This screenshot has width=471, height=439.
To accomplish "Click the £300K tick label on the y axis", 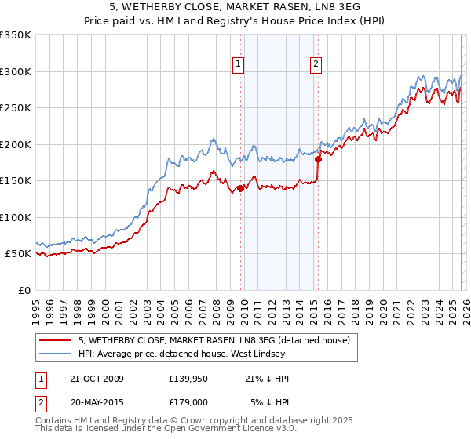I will click(x=16, y=71).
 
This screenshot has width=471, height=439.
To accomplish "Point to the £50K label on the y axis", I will click(x=18, y=254).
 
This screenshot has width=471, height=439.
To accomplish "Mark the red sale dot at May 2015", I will click(x=318, y=159).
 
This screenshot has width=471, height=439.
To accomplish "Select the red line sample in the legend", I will click(x=57, y=340).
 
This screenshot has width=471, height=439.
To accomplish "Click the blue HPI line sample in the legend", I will click(x=57, y=354).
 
